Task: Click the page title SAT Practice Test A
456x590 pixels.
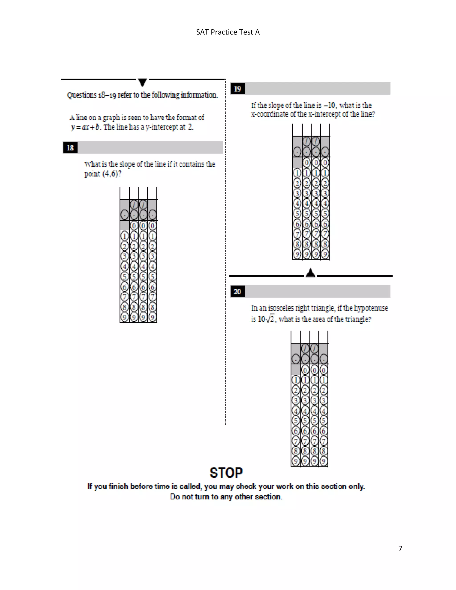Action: [228, 32]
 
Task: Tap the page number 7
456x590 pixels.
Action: [400, 548]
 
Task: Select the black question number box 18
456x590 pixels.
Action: [70, 148]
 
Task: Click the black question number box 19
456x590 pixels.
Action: [237, 89]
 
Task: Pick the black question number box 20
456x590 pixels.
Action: [237, 291]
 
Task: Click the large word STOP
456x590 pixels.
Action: [226, 473]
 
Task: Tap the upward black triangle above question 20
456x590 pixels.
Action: [310, 273]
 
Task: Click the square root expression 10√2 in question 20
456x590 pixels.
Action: [266, 319]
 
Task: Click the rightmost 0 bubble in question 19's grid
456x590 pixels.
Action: [325, 163]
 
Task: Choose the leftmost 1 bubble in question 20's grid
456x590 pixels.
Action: [296, 380]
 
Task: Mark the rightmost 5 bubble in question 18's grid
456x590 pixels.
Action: [153, 277]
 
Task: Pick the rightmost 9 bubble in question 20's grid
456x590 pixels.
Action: [323, 461]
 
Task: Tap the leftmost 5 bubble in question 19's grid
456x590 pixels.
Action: [297, 214]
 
